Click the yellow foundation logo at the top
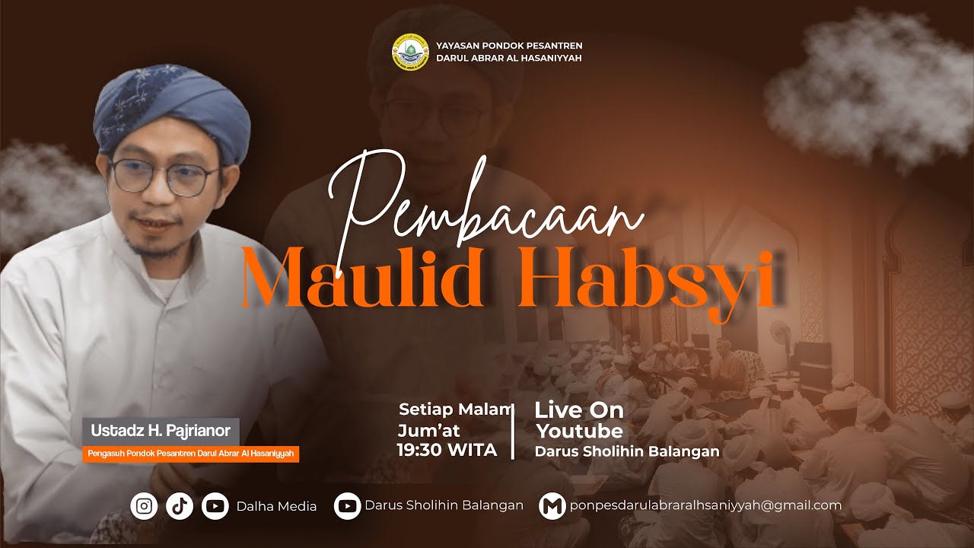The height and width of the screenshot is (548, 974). [410, 51]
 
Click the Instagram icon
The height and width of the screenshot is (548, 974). [144, 505]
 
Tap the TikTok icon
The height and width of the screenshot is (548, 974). [180, 505]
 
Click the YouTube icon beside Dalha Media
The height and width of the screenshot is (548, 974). [215, 505]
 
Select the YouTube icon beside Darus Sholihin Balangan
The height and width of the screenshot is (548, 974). [347, 505]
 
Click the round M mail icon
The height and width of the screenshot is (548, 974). [552, 505]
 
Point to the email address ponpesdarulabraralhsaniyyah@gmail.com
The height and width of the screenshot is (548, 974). [705, 505]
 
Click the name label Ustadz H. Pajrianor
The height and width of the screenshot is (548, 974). [161, 431]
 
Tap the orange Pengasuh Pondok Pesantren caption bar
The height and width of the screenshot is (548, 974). [190, 454]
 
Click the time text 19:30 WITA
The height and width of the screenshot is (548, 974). [447, 450]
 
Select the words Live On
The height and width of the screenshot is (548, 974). [579, 410]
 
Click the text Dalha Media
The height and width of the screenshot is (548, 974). [276, 506]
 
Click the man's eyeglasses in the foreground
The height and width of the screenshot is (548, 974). [163, 177]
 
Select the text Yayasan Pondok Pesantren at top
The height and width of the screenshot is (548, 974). [509, 46]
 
